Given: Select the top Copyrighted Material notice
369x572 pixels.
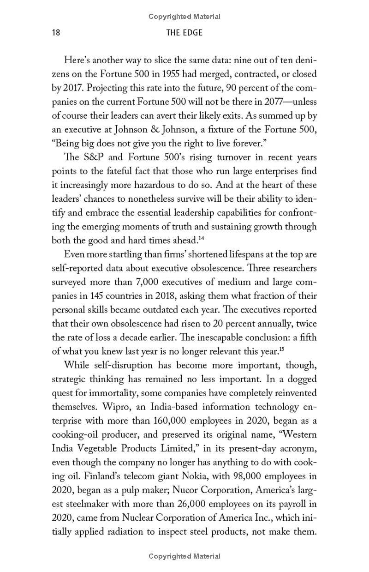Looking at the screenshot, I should [x=184, y=17].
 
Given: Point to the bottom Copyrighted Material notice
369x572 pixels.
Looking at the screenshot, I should [x=184, y=556].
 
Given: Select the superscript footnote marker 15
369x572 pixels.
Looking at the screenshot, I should [x=281, y=337].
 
